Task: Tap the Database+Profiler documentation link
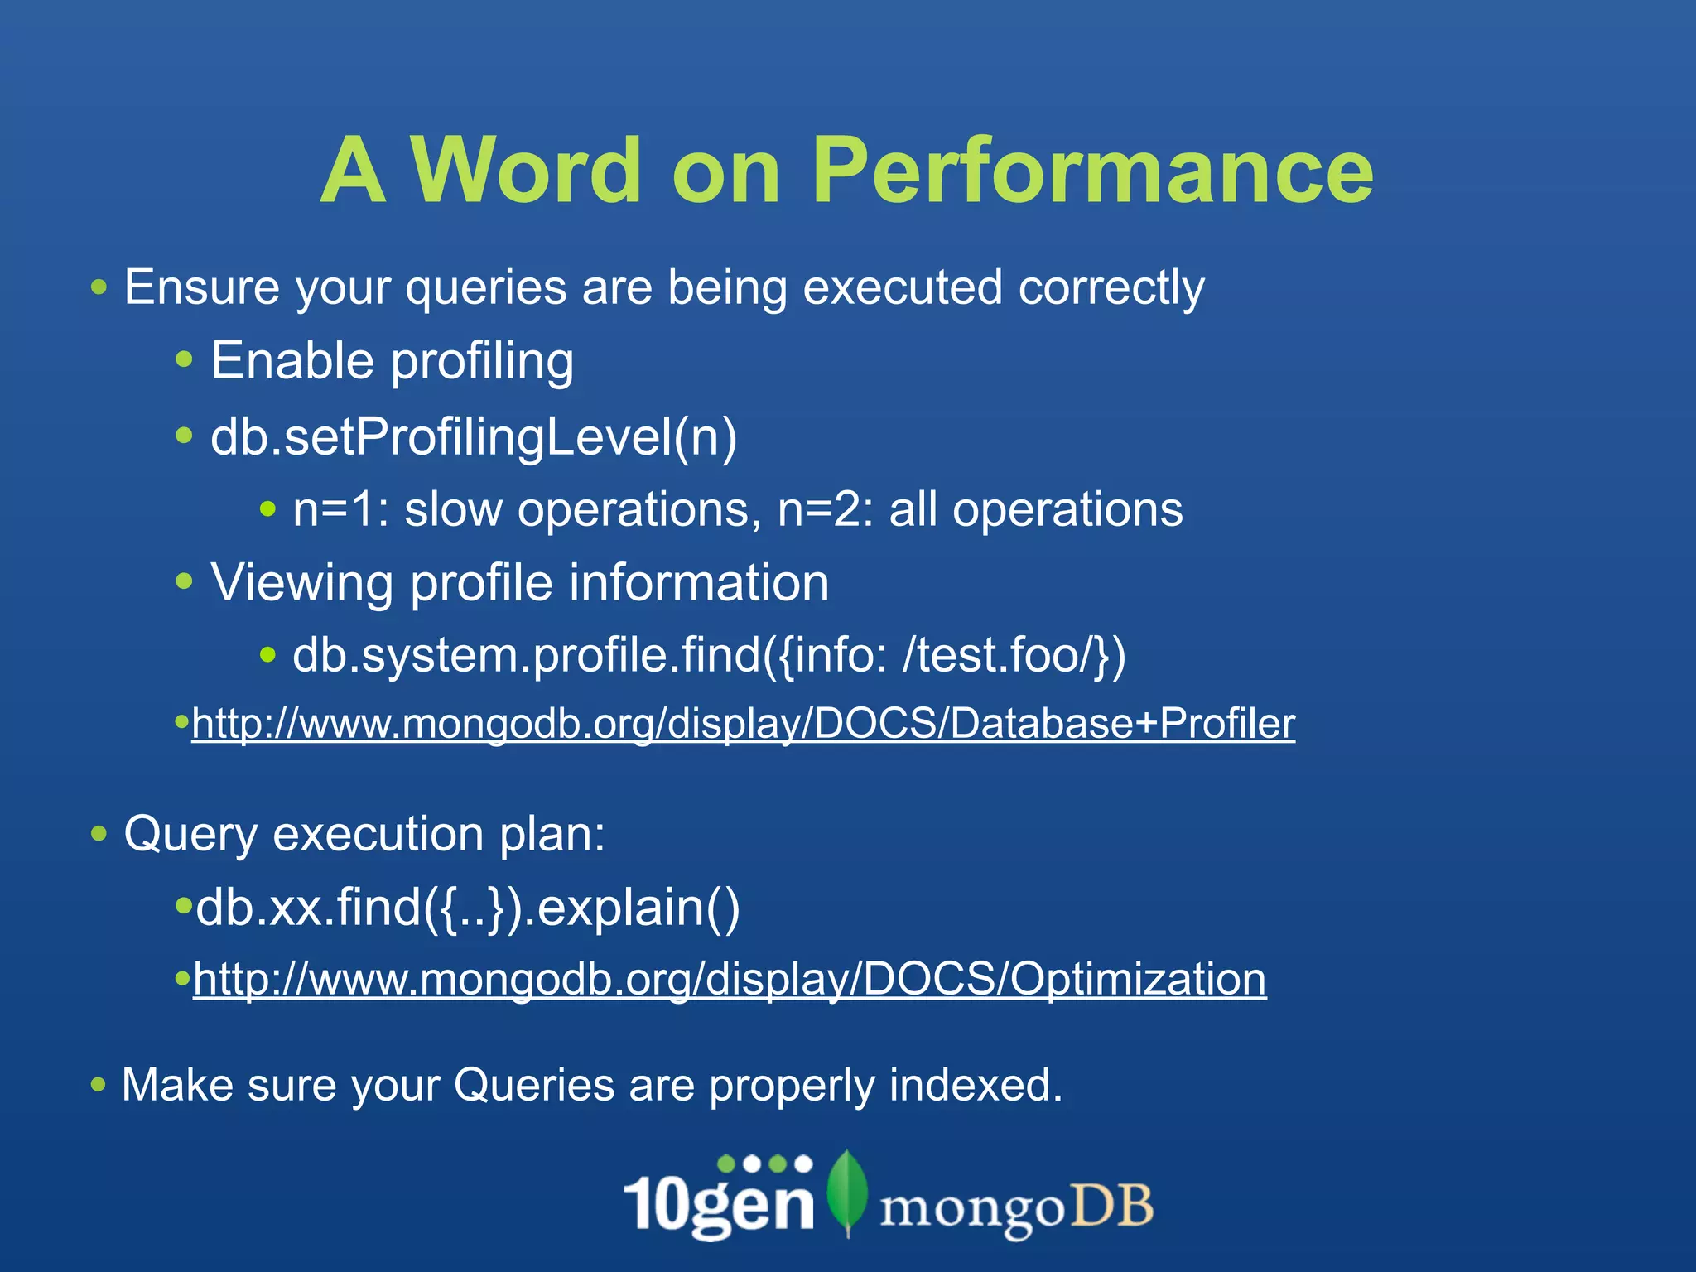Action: click(x=743, y=723)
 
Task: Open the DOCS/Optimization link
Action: click(x=729, y=979)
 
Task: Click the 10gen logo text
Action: click(x=719, y=1202)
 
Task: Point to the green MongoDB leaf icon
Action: click(x=846, y=1192)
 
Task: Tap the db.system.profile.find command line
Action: click(x=709, y=655)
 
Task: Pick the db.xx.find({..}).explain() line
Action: click(x=468, y=908)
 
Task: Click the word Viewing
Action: click(x=301, y=582)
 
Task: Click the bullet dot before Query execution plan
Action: click(x=99, y=833)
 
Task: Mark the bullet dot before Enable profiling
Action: click(x=184, y=360)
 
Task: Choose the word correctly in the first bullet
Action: click(x=1111, y=289)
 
